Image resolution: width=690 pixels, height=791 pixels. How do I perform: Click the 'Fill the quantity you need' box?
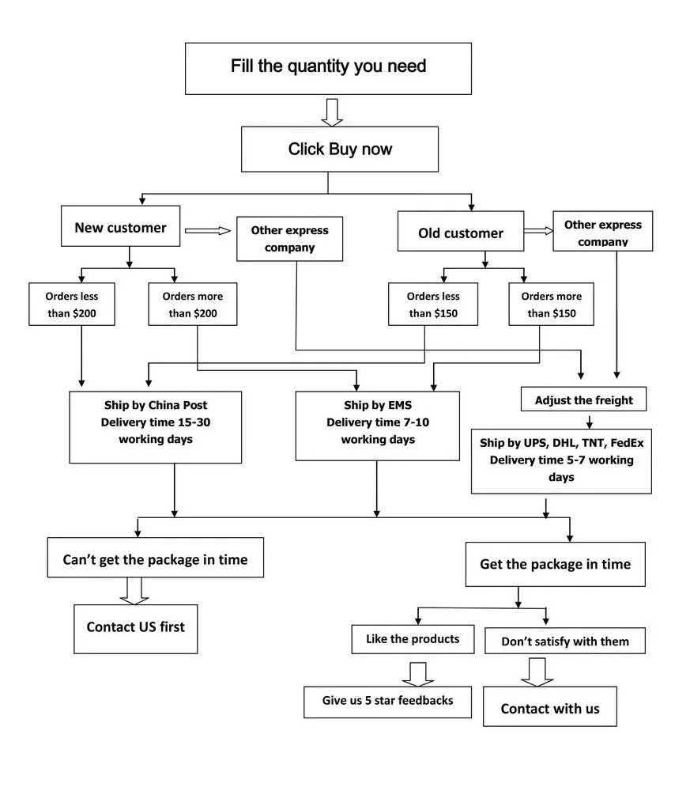pyautogui.click(x=328, y=69)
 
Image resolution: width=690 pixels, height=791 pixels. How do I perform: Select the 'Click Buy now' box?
pyautogui.click(x=340, y=149)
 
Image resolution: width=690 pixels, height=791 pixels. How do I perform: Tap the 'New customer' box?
pyautogui.click(x=120, y=226)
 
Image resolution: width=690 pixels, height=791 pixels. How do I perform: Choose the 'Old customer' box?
pyautogui.click(x=461, y=231)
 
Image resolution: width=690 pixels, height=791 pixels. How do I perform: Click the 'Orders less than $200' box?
pyautogui.click(x=72, y=305)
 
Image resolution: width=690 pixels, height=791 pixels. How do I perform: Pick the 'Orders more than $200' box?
pyautogui.click(x=193, y=305)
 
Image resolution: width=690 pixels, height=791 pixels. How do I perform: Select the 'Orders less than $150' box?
pyautogui.click(x=433, y=305)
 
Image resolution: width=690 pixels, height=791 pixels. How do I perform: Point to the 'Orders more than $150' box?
pyautogui.click(x=552, y=305)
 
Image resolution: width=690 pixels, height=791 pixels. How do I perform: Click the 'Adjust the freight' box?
pyautogui.click(x=583, y=399)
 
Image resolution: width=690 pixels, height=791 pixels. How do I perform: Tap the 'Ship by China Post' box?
pyautogui.click(x=155, y=427)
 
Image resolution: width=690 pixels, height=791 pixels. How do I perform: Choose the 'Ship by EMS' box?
pyautogui.click(x=378, y=426)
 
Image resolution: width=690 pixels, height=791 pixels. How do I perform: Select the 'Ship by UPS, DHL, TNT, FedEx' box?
pyautogui.click(x=561, y=462)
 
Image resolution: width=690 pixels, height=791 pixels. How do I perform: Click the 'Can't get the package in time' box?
pyautogui.click(x=155, y=558)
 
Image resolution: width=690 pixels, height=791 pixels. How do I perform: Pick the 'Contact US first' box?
pyautogui.click(x=136, y=629)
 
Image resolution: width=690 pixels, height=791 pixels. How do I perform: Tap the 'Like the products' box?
pyautogui.click(x=413, y=640)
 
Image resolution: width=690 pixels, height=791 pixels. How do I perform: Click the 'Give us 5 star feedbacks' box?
pyautogui.click(x=387, y=702)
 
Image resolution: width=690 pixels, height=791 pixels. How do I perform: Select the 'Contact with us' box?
pyautogui.click(x=550, y=706)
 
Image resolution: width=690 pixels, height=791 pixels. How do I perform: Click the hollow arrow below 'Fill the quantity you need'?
pyautogui.click(x=332, y=112)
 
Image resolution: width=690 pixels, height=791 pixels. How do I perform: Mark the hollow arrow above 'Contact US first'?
pyautogui.click(x=134, y=591)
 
